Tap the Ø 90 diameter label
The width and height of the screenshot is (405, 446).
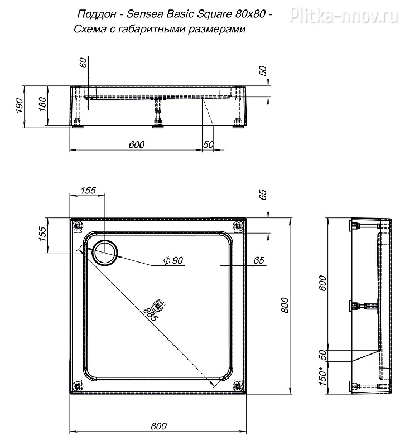pos(173,260)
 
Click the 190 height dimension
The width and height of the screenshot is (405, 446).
pos(20,105)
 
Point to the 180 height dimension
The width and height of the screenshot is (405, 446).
pos(42,104)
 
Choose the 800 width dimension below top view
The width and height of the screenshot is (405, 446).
pos(158,426)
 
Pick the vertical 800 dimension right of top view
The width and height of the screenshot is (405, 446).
pos(284,305)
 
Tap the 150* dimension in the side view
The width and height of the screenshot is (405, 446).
pos(322,377)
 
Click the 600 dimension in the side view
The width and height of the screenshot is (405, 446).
pos(322,283)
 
